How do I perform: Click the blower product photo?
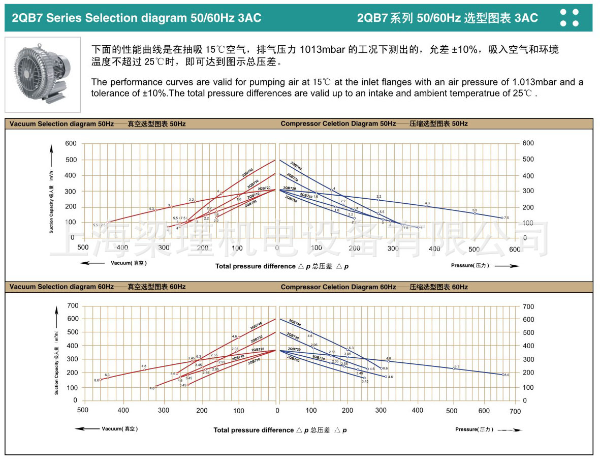[x=43, y=74]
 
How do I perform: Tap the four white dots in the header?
[x=569, y=17]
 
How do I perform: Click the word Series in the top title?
[x=65, y=18]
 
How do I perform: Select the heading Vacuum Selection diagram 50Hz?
[x=61, y=123]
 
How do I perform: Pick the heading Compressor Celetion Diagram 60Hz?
[x=338, y=287]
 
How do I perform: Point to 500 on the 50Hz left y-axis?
[x=71, y=160]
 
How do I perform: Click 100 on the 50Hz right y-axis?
[x=528, y=223]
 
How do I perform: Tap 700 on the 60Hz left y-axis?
[x=73, y=306]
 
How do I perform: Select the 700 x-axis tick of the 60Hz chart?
[x=515, y=411]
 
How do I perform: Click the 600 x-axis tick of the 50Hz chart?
[x=515, y=249]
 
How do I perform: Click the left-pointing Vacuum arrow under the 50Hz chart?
[x=92, y=263]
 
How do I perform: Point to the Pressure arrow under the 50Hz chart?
[x=507, y=266]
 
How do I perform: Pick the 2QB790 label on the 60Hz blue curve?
[x=293, y=359]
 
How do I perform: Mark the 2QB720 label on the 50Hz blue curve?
[x=289, y=188]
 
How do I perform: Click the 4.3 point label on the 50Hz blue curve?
[x=427, y=203]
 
